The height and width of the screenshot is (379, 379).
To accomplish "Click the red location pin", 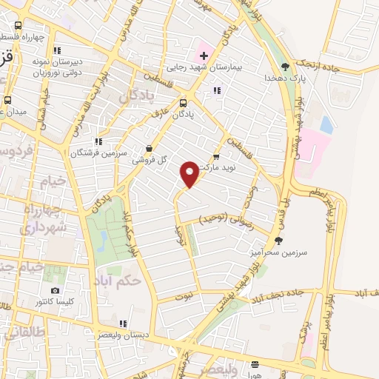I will (x=189, y=173).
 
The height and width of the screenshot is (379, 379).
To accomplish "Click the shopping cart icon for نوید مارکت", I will (x=216, y=156).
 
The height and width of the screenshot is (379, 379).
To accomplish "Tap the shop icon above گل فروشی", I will (x=150, y=148).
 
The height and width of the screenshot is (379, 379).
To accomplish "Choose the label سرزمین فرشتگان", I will (x=95, y=153).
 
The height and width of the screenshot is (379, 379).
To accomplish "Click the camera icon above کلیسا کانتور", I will (x=55, y=290).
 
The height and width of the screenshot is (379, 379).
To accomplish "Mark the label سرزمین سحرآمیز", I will (x=278, y=252).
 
